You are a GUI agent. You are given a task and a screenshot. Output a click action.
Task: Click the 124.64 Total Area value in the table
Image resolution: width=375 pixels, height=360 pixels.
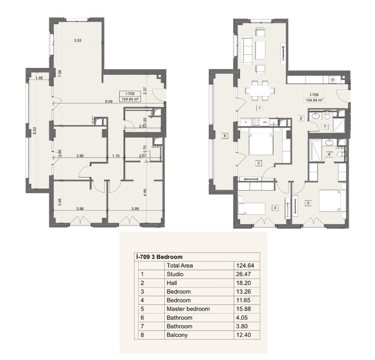246,266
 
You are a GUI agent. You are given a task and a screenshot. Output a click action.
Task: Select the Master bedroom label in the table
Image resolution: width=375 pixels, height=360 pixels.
188,309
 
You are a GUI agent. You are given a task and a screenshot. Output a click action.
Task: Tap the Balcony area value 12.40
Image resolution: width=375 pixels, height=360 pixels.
246,335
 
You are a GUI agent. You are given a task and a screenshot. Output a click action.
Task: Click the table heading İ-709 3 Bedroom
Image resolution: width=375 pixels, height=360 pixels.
159,257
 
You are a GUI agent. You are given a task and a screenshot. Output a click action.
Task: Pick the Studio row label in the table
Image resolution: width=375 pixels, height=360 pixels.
175,274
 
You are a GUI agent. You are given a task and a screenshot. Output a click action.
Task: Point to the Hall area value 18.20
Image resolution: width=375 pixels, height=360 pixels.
246,283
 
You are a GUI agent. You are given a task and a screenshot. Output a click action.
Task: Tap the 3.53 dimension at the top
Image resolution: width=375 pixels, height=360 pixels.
77,40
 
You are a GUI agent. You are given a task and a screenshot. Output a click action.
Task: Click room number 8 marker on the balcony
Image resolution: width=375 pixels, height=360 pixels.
225,136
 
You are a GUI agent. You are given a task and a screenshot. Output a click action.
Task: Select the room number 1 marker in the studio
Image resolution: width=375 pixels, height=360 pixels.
259,108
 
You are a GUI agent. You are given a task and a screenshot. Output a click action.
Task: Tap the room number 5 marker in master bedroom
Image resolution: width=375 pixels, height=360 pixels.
308,202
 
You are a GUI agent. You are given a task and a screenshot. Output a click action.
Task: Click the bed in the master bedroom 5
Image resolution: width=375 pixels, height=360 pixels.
332,201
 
